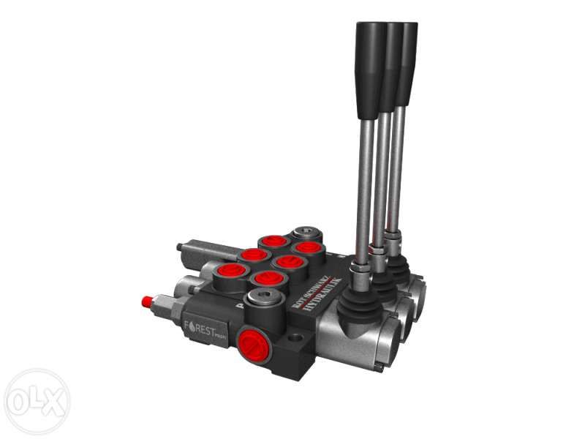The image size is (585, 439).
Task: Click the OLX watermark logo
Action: tap(36, 401)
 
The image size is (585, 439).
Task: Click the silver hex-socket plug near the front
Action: tap(264, 298)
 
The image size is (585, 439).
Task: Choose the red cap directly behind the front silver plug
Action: tap(268, 278)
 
